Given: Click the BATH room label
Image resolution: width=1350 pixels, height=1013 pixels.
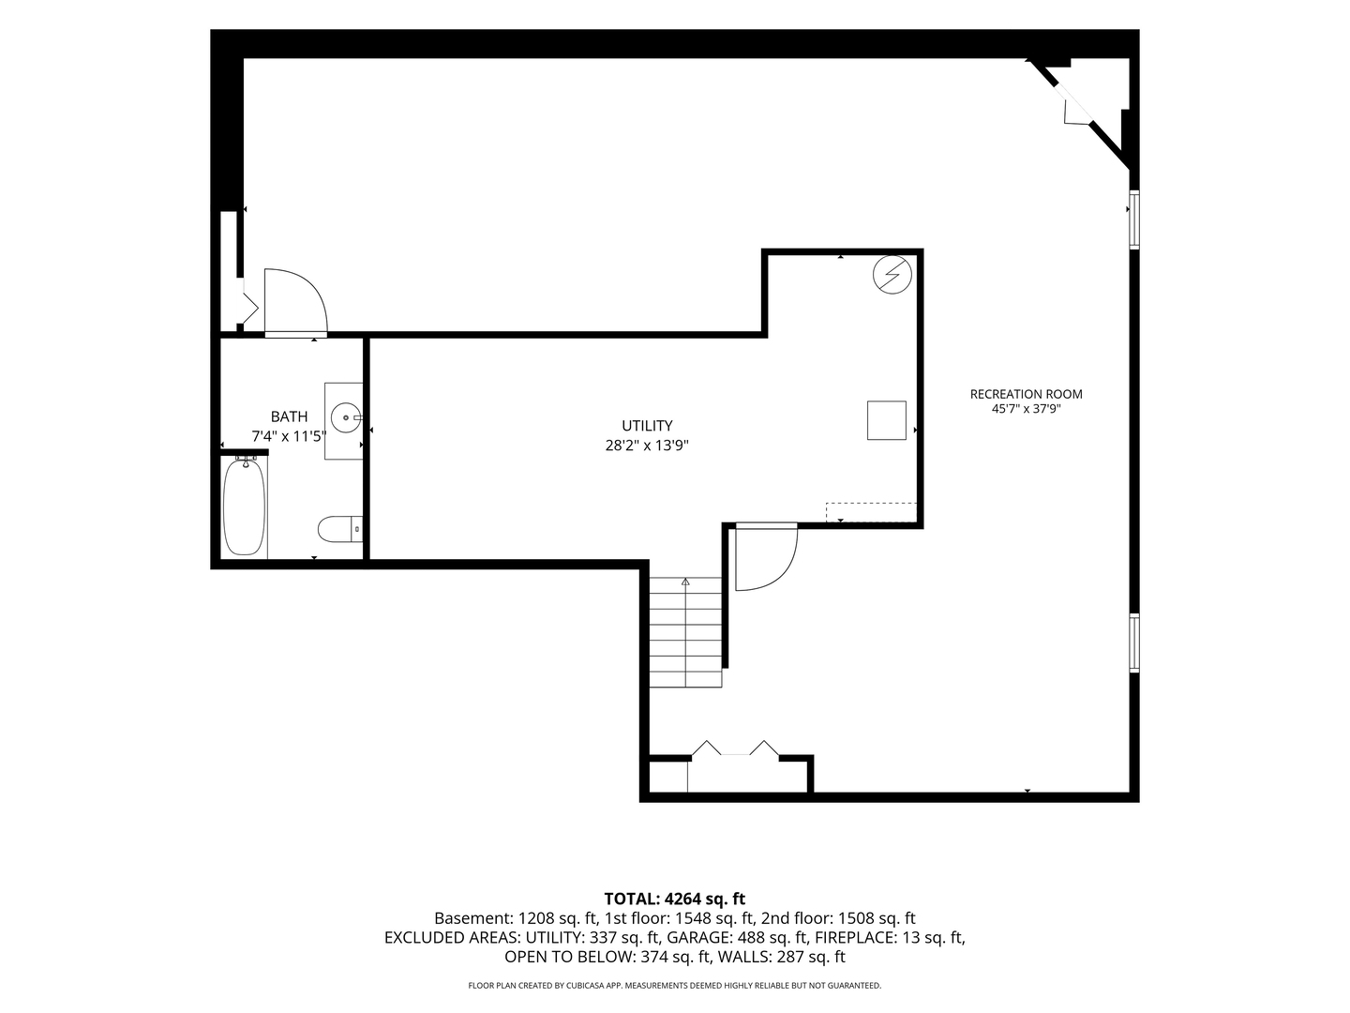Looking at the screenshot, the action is [x=289, y=416].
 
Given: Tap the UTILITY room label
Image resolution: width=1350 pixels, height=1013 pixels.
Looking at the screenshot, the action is [x=647, y=426].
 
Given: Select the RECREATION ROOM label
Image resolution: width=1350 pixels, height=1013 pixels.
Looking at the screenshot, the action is [x=1026, y=394].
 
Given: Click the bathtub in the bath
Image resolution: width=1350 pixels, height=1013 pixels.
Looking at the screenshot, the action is [x=244, y=507].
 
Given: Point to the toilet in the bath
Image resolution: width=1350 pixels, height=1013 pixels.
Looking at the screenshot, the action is [x=340, y=529].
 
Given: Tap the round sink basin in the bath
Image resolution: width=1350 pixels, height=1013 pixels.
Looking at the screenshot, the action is [x=346, y=418].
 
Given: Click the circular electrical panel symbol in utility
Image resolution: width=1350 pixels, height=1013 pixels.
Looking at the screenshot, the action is [x=892, y=274].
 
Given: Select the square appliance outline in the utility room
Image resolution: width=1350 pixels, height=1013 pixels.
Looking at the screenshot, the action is [x=886, y=420].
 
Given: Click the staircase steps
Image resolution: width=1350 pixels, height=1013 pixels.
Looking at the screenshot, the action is [x=685, y=631].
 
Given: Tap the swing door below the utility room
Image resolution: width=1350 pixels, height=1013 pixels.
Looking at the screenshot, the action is [x=766, y=556].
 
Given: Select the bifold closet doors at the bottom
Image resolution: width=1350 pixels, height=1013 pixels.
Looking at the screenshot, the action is [x=736, y=748].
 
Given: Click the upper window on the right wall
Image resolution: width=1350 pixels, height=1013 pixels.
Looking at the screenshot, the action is [x=1133, y=219].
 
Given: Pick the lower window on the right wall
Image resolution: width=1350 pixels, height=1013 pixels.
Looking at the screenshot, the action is [x=1133, y=643].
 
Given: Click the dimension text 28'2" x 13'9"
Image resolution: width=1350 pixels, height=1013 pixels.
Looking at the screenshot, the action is [x=647, y=446].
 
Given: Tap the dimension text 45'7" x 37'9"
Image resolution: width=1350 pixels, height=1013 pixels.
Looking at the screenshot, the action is [x=1026, y=409].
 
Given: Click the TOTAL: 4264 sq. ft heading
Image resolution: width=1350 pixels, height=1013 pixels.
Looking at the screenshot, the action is [x=675, y=899].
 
